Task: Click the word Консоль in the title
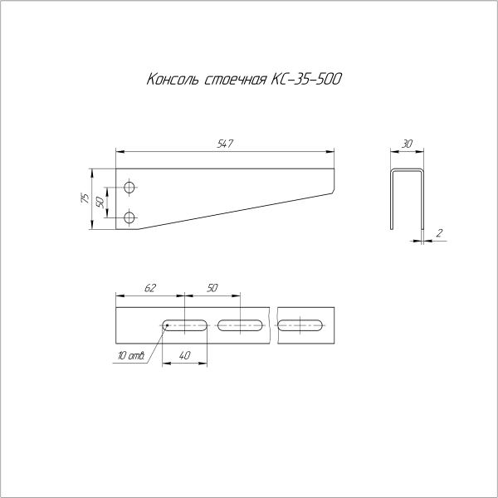[171, 81]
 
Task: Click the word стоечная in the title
[232, 81]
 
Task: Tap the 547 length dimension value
[224, 144]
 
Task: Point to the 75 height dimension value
[85, 197]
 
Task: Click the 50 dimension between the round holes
[100, 202]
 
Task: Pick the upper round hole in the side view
[129, 186]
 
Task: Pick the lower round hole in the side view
[129, 217]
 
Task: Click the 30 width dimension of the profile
[407, 144]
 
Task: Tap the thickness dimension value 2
[438, 233]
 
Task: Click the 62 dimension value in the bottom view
[150, 288]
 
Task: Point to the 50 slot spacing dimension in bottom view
[212, 288]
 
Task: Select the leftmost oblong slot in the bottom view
[185, 325]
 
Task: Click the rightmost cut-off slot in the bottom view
[300, 325]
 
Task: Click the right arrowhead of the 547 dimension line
[332, 152]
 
